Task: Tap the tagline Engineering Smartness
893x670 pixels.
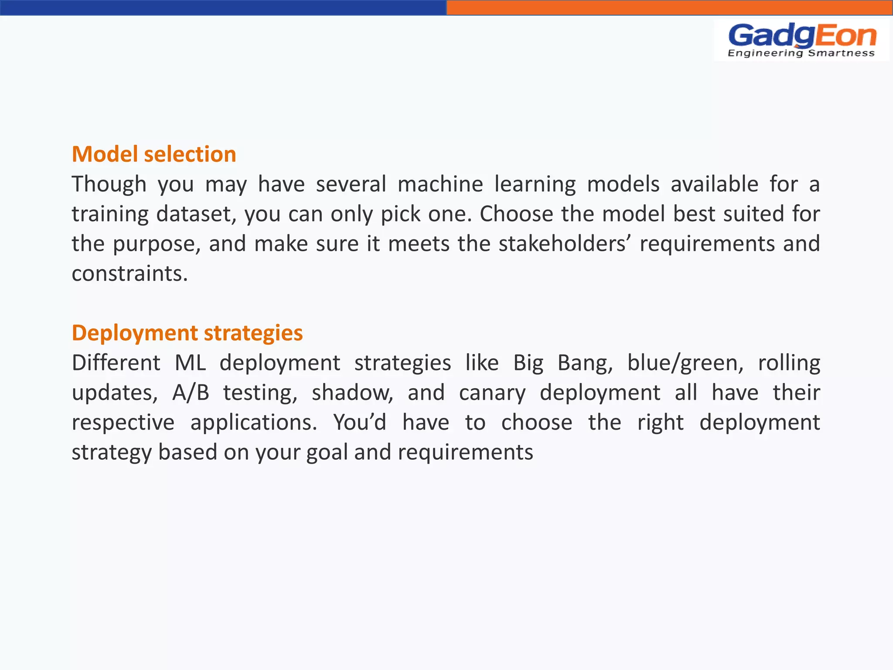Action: coord(801,53)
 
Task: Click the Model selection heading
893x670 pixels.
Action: coord(154,154)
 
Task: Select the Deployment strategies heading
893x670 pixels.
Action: coord(187,333)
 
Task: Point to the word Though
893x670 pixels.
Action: coord(109,184)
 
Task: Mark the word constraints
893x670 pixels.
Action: coord(130,273)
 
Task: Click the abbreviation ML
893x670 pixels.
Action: coord(190,363)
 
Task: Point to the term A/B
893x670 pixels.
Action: coord(191,393)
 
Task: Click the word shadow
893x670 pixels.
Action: coord(352,393)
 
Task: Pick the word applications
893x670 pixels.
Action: coord(254,423)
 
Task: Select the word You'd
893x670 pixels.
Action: coord(360,422)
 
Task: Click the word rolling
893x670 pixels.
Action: coord(789,363)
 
